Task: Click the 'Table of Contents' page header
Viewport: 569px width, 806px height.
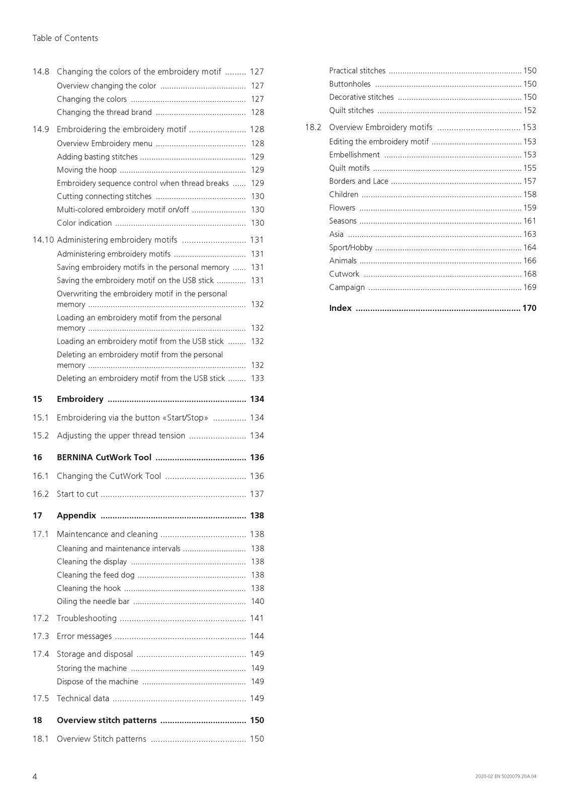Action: tap(65, 38)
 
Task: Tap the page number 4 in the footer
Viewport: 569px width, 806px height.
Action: tap(35, 776)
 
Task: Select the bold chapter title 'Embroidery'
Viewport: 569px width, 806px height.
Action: tap(80, 399)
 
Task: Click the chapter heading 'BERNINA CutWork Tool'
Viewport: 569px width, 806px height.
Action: tap(104, 457)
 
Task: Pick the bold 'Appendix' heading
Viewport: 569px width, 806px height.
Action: tap(76, 515)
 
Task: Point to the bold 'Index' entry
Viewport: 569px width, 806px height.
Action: tap(340, 308)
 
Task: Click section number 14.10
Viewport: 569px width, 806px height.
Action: tap(43, 240)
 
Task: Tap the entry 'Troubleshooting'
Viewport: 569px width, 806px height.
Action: tap(87, 618)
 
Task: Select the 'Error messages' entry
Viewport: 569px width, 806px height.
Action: tap(84, 636)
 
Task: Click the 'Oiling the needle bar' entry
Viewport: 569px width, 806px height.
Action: tap(93, 601)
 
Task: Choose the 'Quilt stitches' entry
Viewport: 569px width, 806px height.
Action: tap(351, 110)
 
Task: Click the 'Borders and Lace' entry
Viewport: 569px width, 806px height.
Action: tap(358, 181)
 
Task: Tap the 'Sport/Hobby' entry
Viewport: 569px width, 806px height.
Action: tap(351, 247)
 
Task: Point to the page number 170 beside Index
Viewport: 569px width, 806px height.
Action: tap(529, 308)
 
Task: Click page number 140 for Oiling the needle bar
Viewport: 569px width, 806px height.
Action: tap(257, 601)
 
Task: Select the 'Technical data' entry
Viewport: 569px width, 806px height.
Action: tap(83, 698)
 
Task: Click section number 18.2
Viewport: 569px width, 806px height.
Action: tap(312, 127)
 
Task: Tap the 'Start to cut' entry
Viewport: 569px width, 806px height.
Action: tap(77, 494)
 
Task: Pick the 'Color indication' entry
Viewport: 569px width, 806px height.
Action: tap(84, 223)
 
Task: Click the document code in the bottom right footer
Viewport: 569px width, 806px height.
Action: tap(506, 776)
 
